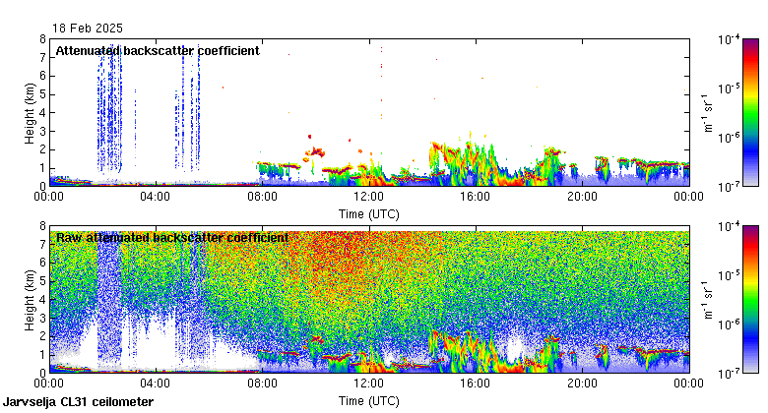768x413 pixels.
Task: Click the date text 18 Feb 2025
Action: click(x=89, y=29)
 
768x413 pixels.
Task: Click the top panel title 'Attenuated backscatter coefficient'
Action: click(x=158, y=50)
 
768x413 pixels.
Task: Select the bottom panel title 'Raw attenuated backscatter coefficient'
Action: click(x=172, y=237)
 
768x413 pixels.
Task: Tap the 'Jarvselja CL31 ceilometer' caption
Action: click(x=78, y=402)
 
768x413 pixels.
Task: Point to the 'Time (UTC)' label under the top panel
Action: click(x=369, y=213)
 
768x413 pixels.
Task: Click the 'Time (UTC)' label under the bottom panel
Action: click(x=369, y=401)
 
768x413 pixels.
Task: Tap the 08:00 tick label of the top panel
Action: click(x=262, y=197)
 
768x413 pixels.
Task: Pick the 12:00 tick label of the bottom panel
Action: click(x=369, y=383)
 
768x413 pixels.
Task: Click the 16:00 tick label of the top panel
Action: click(x=476, y=197)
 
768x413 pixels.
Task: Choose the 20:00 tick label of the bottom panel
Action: click(x=582, y=383)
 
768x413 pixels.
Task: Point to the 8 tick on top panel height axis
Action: click(x=43, y=39)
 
